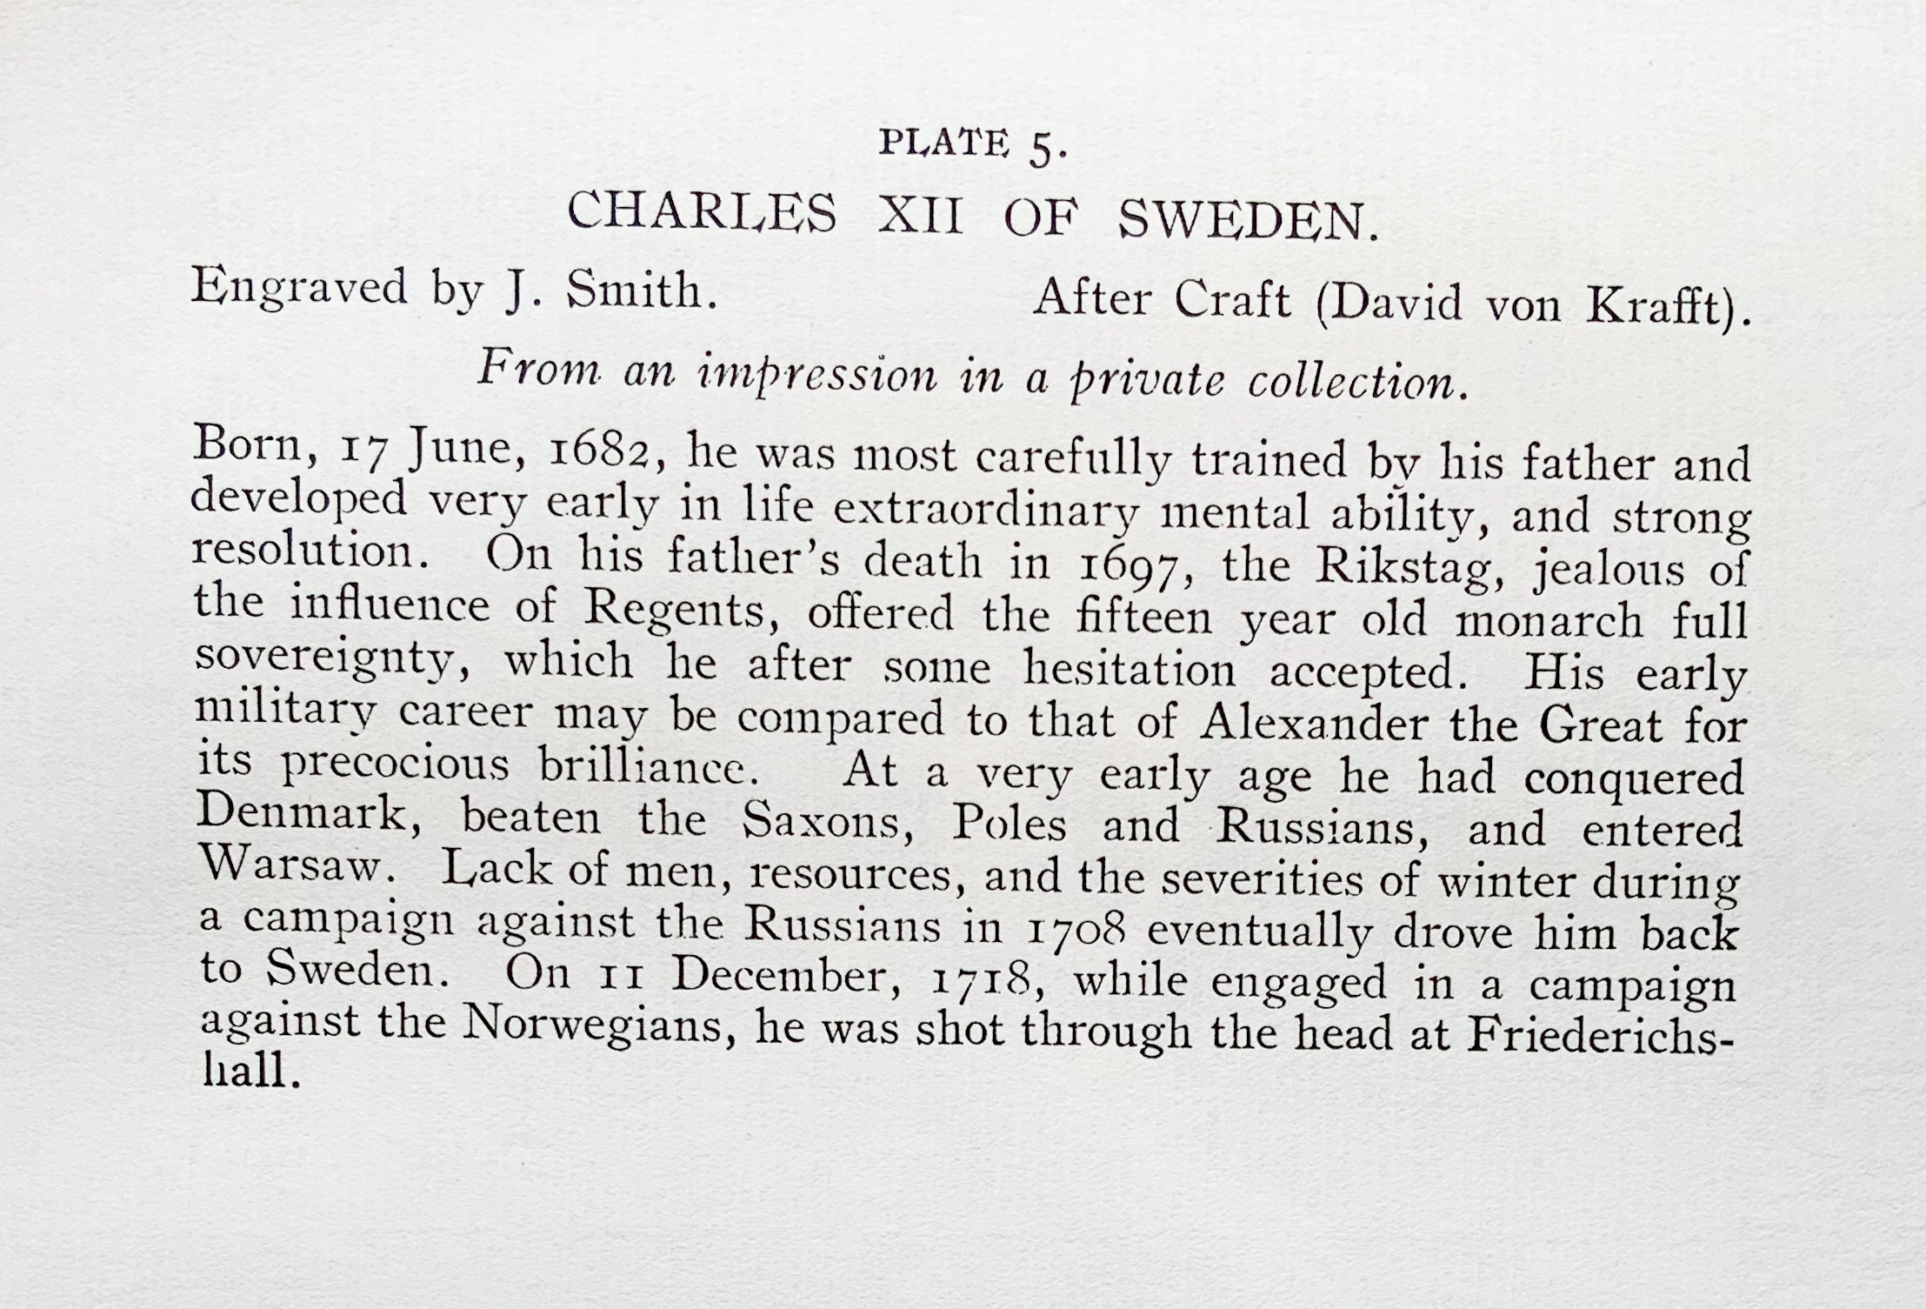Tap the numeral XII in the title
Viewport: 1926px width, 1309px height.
pos(920,214)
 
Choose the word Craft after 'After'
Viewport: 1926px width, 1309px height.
pos(1231,301)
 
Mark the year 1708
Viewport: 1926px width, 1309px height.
pos(1076,930)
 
